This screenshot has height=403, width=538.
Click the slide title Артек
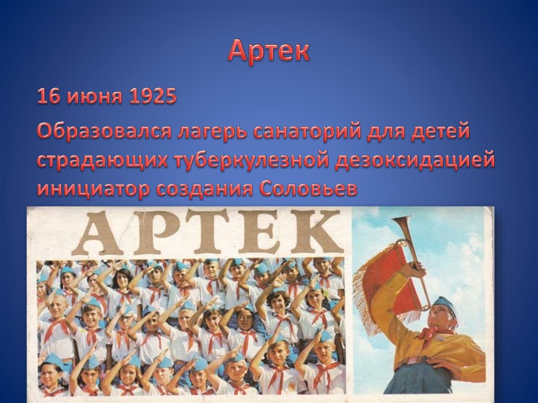pos(269,51)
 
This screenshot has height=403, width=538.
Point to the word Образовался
pos(100,132)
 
